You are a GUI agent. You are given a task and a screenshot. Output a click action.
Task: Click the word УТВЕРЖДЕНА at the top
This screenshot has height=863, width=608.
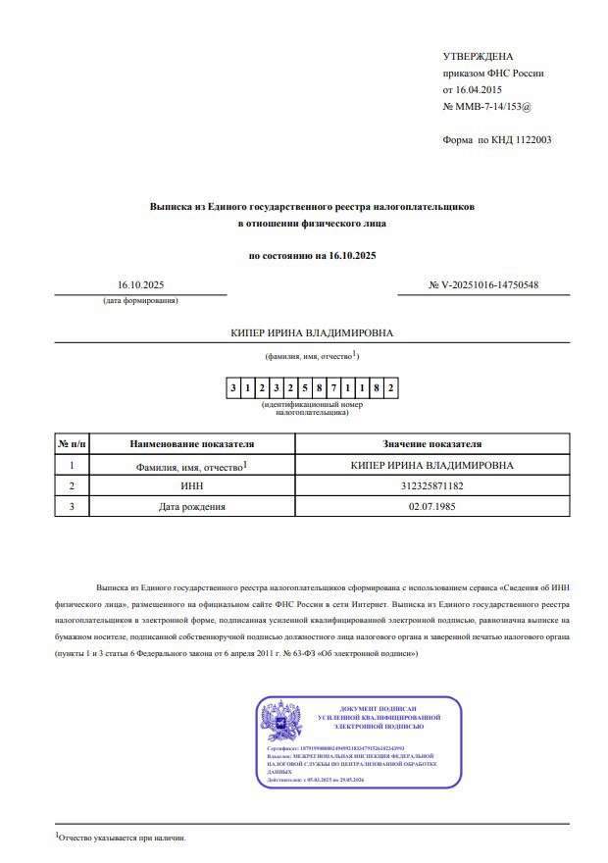tap(479, 56)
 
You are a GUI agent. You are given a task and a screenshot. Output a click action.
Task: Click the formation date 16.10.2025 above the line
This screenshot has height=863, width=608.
tap(140, 285)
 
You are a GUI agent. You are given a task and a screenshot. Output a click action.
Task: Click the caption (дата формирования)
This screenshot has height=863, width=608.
tap(140, 300)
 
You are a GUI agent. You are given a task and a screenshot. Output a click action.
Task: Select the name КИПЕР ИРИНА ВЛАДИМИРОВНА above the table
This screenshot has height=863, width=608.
tap(311, 332)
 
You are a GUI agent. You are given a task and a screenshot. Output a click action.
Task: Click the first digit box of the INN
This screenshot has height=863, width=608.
tap(233, 389)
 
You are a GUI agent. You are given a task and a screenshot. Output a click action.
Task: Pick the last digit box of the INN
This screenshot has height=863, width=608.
tap(391, 389)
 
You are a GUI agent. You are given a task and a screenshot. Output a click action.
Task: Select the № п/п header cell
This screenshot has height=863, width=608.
tap(73, 444)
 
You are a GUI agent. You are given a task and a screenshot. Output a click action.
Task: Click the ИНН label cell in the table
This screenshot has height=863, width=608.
tap(192, 485)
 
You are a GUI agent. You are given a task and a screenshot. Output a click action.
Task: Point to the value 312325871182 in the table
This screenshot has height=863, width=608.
tap(431, 485)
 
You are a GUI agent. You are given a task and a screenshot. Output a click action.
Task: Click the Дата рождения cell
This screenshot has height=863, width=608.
tap(192, 507)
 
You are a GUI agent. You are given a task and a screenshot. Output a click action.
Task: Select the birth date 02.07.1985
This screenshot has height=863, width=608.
tap(431, 507)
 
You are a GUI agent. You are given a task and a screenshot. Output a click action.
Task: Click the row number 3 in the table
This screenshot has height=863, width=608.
tap(73, 507)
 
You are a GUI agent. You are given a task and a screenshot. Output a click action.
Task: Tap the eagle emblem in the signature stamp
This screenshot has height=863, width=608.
tap(280, 722)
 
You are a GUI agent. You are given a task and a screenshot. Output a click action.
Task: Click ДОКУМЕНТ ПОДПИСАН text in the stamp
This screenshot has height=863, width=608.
tap(378, 708)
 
